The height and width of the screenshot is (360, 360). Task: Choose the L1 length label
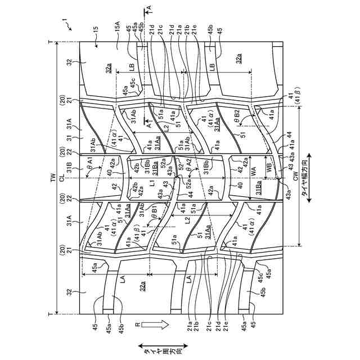coord(152,184)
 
